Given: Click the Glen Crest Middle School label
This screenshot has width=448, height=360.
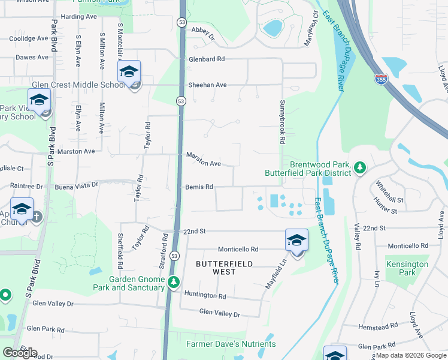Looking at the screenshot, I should tap(78, 85).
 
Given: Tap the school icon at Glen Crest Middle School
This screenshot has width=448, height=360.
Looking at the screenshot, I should tap(129, 72).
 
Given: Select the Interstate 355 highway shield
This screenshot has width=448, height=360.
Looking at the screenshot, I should tap(380, 80).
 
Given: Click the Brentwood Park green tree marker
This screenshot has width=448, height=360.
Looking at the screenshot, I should tap(359, 167).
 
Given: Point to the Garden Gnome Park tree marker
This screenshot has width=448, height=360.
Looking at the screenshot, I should tap(173, 281).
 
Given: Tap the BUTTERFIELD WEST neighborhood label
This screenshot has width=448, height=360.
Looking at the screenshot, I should tap(225, 268).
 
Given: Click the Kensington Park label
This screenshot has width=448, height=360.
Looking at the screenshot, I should tap(407, 268).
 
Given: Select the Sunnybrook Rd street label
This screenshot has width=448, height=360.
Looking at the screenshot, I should tap(281, 122).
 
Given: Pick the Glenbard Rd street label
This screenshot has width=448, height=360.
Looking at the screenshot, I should tap(206, 59).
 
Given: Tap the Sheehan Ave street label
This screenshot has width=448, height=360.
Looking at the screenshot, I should tap(207, 85).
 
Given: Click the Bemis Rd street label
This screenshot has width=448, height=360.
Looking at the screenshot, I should tap(199, 187).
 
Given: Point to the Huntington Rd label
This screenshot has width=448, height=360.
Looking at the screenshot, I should tap(205, 296).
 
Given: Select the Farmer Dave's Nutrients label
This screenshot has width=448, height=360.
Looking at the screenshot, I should tap(231, 344).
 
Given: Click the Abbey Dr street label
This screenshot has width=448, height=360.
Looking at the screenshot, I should tap(202, 32).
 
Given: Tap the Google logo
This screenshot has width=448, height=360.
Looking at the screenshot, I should tap(20, 353).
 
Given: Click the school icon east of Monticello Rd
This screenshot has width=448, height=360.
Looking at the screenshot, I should tap(296, 241).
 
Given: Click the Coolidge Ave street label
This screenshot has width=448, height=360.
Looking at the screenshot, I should tap(28, 38).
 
